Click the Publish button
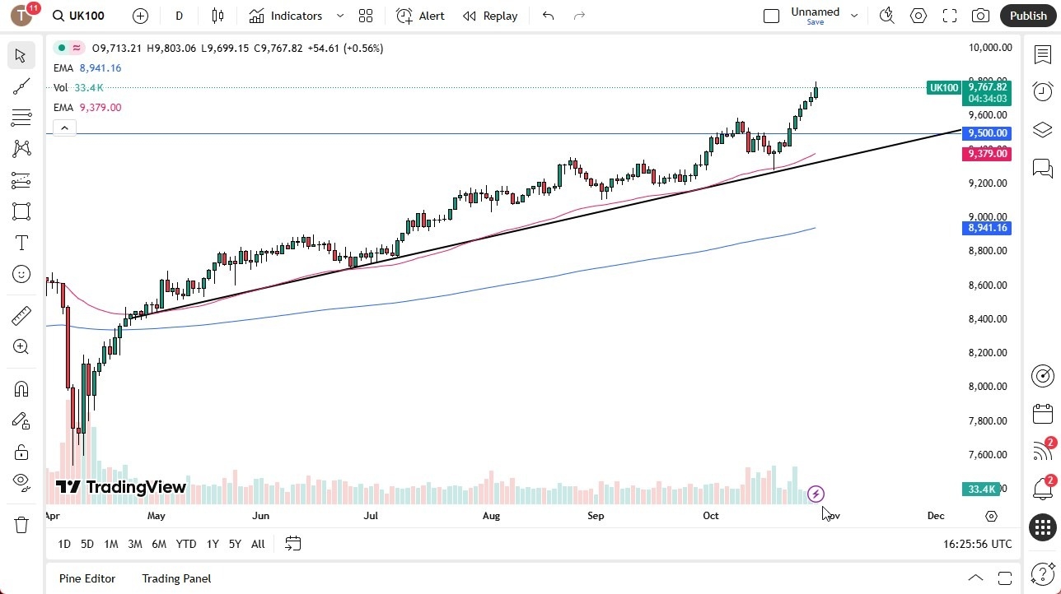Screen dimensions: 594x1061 (1027, 16)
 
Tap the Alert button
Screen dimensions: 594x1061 (420, 16)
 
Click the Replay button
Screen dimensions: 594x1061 (490, 16)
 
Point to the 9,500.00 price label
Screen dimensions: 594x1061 (988, 133)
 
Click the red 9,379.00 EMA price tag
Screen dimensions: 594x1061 (988, 154)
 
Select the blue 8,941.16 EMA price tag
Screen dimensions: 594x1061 (988, 228)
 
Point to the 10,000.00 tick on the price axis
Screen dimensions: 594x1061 (989, 48)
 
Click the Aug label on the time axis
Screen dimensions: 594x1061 (491, 516)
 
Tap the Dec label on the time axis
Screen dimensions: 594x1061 (936, 516)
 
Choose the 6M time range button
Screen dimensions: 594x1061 (159, 544)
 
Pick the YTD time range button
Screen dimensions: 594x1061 (186, 544)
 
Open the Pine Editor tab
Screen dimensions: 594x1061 (87, 578)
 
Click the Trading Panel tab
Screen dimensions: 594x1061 (176, 578)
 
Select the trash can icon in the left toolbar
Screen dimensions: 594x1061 (21, 524)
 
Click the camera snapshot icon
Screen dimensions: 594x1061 (980, 16)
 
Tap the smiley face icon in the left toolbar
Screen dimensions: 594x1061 (21, 274)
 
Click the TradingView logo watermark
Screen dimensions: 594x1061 (121, 487)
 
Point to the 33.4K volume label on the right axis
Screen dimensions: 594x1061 (982, 490)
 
